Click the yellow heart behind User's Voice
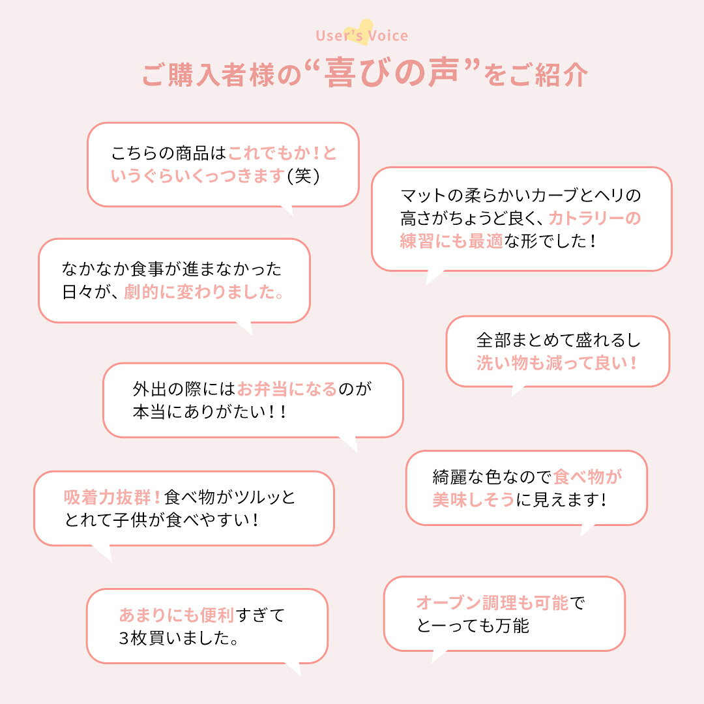click(364, 31)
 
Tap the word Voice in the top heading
click(388, 35)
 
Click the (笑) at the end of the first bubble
click(303, 175)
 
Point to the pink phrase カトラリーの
click(594, 218)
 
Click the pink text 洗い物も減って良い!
click(557, 363)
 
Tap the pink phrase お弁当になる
click(286, 389)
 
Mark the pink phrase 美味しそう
click(473, 499)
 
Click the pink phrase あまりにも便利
click(177, 615)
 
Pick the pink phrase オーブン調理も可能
click(493, 602)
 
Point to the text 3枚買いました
click(178, 638)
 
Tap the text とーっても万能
click(473, 625)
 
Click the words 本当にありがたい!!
click(209, 412)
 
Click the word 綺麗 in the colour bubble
click(449, 477)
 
